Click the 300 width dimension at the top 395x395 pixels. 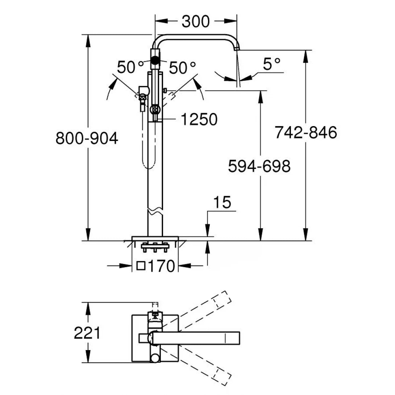pos(195,22)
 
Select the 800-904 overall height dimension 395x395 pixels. pos(87,138)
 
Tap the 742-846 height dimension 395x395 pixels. pos(306,133)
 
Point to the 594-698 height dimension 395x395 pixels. pos(259,166)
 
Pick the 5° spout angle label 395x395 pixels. pos(272,65)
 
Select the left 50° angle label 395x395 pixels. pos(131,67)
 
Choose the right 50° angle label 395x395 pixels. pos(183,67)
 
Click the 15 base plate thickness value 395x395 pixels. pos(222,203)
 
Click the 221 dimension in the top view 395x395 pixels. pos(87,333)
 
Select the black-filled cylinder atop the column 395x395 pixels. pos(155,59)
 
